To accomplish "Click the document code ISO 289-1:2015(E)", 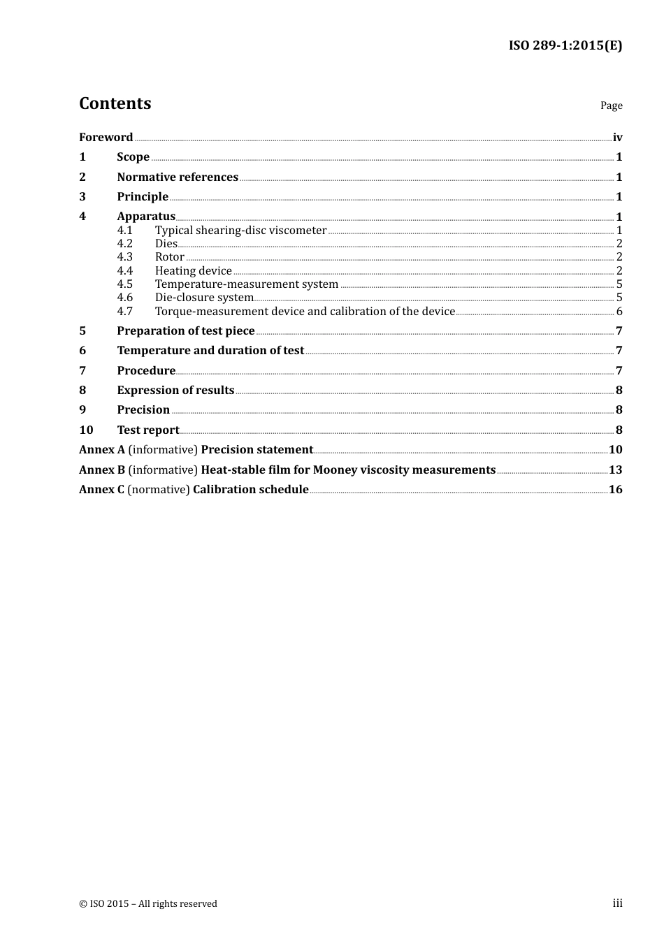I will (x=565, y=46).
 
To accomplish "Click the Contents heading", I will (x=115, y=103).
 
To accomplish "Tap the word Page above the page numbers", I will (x=611, y=105).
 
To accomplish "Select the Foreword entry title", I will (x=106, y=138).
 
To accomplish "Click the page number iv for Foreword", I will (x=617, y=138).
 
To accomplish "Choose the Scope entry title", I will (x=133, y=157).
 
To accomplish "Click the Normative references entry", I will (x=178, y=177).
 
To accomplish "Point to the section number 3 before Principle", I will (x=82, y=197).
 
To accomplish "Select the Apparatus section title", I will (x=146, y=217).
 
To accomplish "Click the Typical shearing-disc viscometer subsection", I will (x=240, y=231).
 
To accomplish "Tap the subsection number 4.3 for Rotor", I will (x=124, y=257).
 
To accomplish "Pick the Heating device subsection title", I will (x=193, y=271).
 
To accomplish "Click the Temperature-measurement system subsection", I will (x=246, y=284).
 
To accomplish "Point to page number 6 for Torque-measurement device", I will (x=619, y=312).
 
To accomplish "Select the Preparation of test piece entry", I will (x=185, y=331).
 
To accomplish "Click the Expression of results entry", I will (x=175, y=391).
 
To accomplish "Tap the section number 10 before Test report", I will (x=86, y=430).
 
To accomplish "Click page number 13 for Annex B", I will (x=615, y=470).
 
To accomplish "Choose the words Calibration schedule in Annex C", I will (x=250, y=490).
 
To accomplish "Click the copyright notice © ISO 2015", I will (x=147, y=904).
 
